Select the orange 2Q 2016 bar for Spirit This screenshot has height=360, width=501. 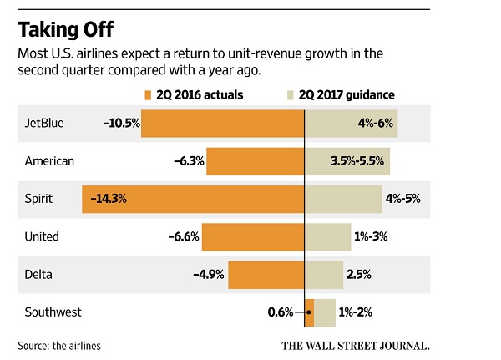click(193, 198)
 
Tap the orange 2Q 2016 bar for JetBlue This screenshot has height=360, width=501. click(224, 124)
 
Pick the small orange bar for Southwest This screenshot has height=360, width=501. click(309, 312)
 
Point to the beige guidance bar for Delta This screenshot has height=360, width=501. click(324, 274)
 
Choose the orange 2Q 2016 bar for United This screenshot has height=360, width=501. click(253, 236)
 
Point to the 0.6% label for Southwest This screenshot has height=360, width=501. click(280, 312)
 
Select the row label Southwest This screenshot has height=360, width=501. click(53, 312)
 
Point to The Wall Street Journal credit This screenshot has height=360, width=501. click(356, 344)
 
